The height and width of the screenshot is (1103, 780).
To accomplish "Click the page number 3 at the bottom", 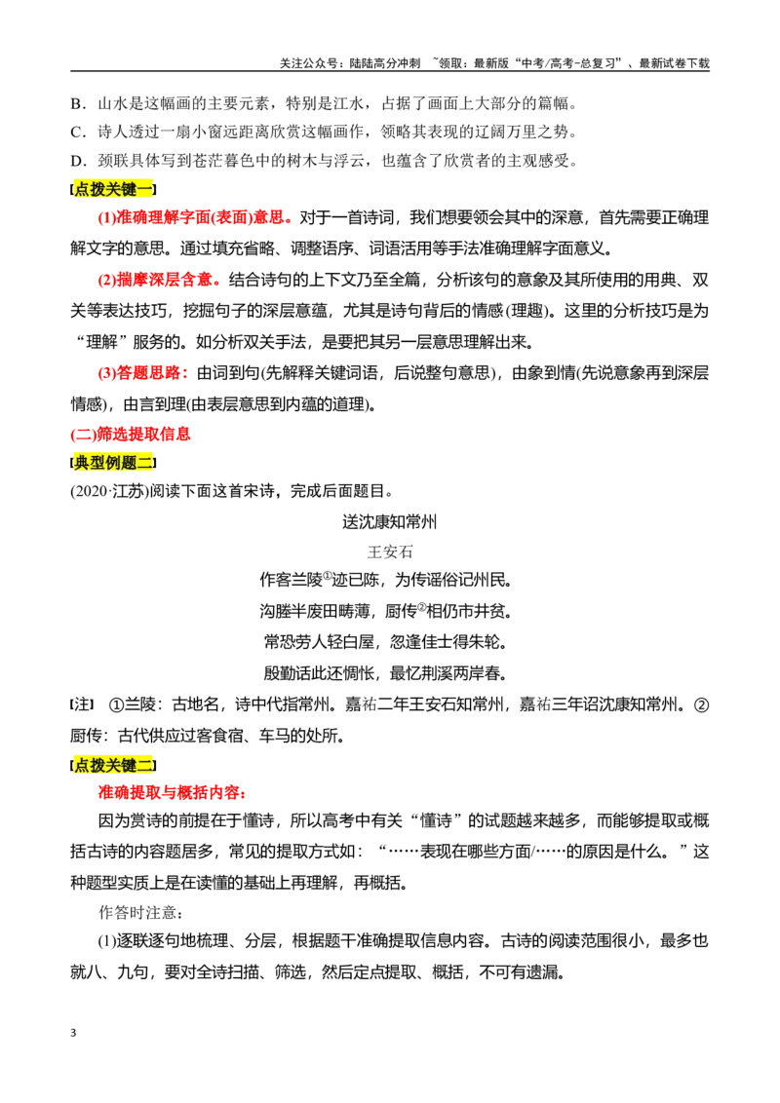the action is [73, 1033].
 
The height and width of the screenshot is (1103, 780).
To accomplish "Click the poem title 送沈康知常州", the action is [389, 521].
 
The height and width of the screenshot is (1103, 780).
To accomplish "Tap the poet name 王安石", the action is [390, 551].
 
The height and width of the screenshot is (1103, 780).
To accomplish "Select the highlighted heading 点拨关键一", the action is [113, 189].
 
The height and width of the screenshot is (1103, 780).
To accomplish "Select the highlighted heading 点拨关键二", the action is [113, 765].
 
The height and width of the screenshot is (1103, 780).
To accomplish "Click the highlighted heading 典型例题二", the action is [113, 462].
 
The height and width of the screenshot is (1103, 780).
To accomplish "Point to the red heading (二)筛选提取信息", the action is [131, 434].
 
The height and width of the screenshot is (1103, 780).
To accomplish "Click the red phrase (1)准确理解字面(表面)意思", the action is [195, 217].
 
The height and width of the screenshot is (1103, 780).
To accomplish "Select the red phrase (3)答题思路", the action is [143, 372].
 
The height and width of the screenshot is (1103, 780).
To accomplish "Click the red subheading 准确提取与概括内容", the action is [172, 793].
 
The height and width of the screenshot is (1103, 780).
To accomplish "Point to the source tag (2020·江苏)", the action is [109, 491].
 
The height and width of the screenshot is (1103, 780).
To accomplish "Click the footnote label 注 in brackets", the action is [82, 704].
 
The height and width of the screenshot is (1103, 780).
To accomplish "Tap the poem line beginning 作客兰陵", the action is [386, 580].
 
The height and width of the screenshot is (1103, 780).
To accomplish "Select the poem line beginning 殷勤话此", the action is [386, 673].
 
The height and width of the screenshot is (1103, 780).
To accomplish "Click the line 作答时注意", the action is [140, 912].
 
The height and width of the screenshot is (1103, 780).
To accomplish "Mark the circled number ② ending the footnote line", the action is [701, 704].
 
